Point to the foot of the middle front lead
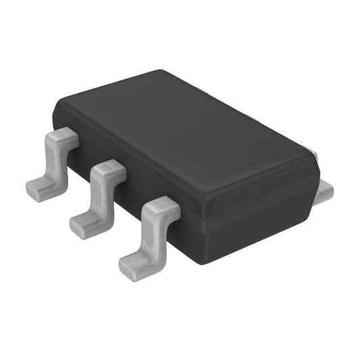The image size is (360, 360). point(84,224)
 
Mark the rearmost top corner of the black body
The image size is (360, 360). point(162,72)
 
